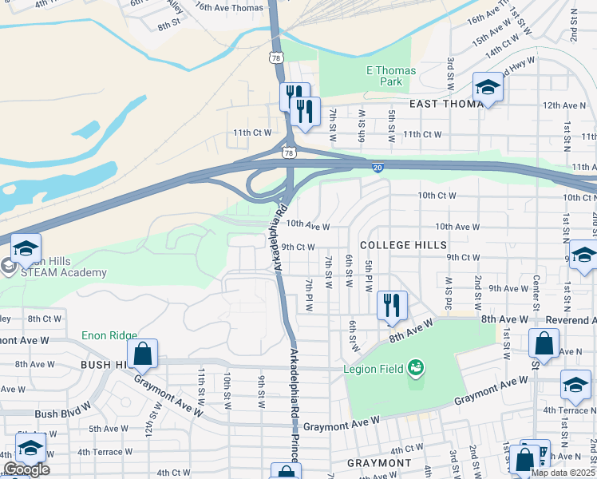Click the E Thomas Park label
click(391, 76)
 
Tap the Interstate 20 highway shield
click(378, 167)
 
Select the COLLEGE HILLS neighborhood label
click(403, 244)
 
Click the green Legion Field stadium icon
click(414, 368)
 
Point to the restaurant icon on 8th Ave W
click(392, 306)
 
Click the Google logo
click(26, 469)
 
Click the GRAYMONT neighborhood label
click(379, 463)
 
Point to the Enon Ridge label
click(109, 337)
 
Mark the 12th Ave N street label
click(564, 105)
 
